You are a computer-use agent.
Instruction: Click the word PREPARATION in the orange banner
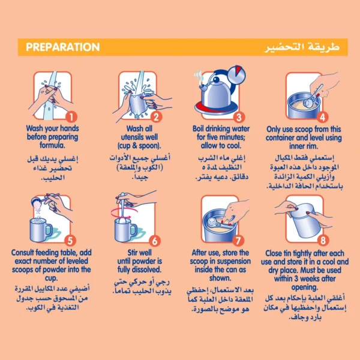coord(62,47)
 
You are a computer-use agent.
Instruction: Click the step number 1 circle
coord(71,116)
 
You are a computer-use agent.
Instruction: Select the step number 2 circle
coord(156,116)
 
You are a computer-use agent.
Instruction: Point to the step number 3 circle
coord(239,117)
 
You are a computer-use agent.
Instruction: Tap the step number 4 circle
coord(322,117)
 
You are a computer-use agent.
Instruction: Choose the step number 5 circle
coord(70,241)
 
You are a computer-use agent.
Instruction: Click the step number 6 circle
coord(155,241)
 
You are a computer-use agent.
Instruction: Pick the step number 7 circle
coord(238,241)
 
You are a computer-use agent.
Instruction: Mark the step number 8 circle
coord(323,241)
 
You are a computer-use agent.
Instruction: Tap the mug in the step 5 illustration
coord(41,230)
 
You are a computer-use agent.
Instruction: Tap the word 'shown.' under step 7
coord(220,278)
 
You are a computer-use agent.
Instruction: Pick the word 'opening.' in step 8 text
coord(305,287)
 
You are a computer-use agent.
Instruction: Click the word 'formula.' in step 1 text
coord(52,145)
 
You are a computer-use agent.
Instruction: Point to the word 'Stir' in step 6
coord(133,253)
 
